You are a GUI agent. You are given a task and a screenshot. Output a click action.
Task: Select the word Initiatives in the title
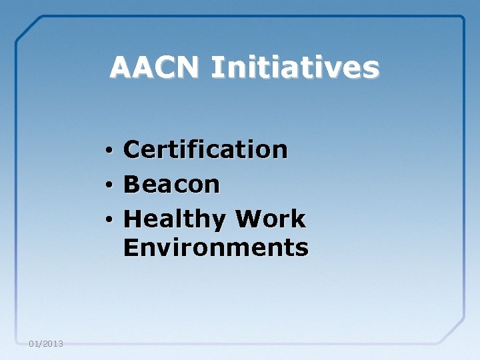pyautogui.click(x=295, y=67)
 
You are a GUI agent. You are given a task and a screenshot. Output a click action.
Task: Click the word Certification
pyautogui.click(x=205, y=149)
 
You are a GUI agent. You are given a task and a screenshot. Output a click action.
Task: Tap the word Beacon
pyautogui.click(x=171, y=184)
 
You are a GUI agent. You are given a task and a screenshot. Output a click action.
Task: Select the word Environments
pyautogui.click(x=216, y=247)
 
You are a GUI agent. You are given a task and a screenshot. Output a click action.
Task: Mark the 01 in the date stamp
pyautogui.click(x=35, y=344)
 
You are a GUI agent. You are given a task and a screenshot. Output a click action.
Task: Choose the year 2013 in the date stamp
pyautogui.click(x=53, y=344)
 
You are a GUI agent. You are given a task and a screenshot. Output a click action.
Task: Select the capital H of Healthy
pyautogui.click(x=133, y=219)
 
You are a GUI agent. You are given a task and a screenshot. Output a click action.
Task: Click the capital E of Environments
pyautogui.click(x=131, y=247)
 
